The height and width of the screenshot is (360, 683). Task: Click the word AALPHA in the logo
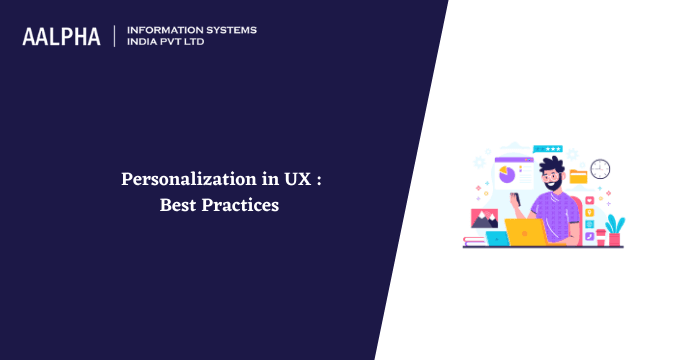[x=61, y=36]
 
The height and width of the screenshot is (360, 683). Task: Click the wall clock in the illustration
[x=600, y=168]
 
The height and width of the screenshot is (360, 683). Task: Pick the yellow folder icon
[x=578, y=178]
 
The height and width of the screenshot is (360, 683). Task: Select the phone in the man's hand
[x=519, y=199]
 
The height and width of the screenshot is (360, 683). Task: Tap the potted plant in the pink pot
[x=614, y=229]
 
